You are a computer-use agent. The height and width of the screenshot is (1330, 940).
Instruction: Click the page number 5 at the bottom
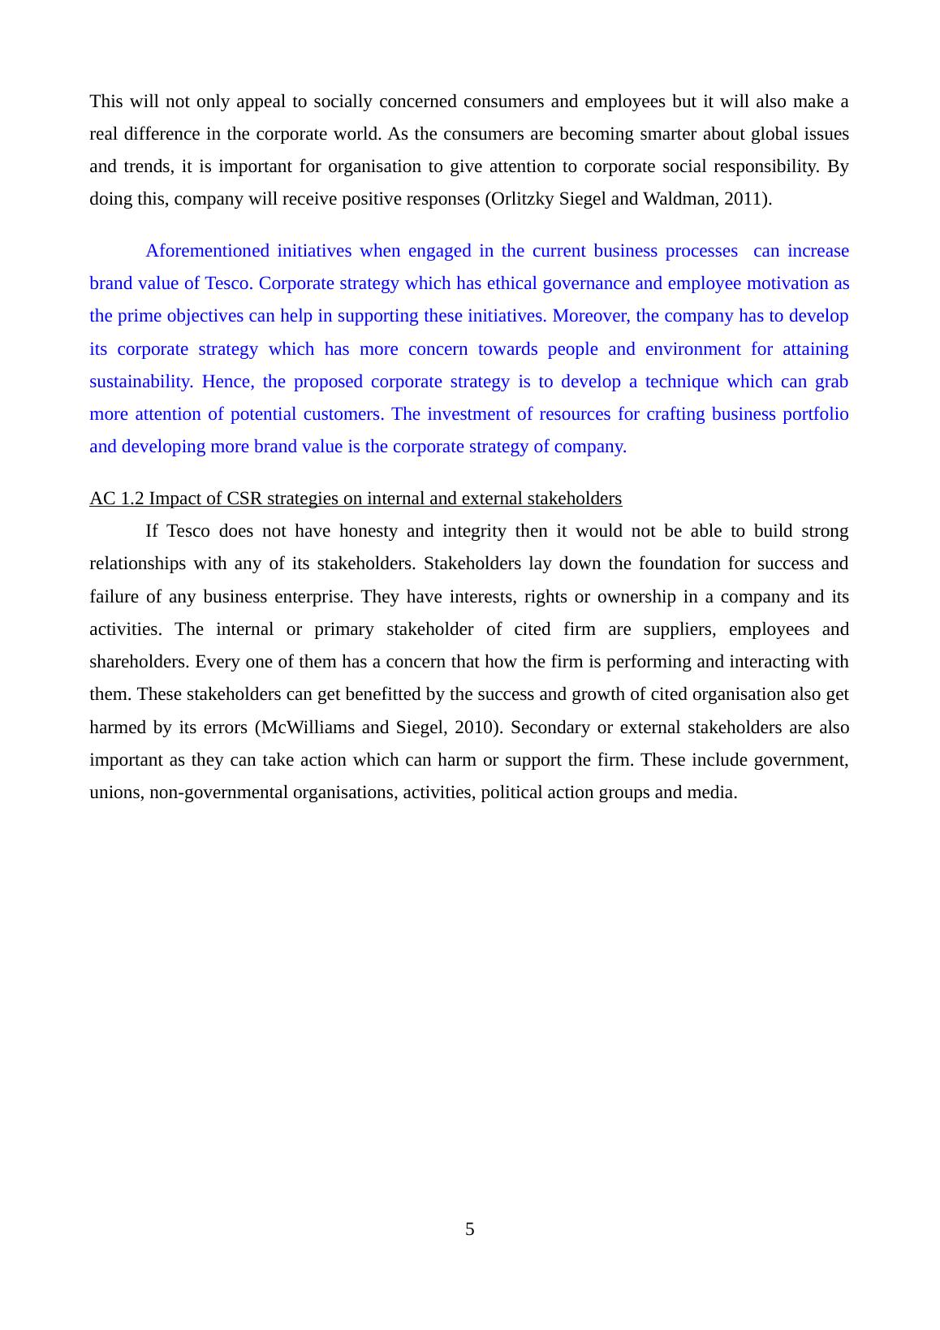(x=469, y=1229)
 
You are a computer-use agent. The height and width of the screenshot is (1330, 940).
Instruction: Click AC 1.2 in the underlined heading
(x=117, y=499)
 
